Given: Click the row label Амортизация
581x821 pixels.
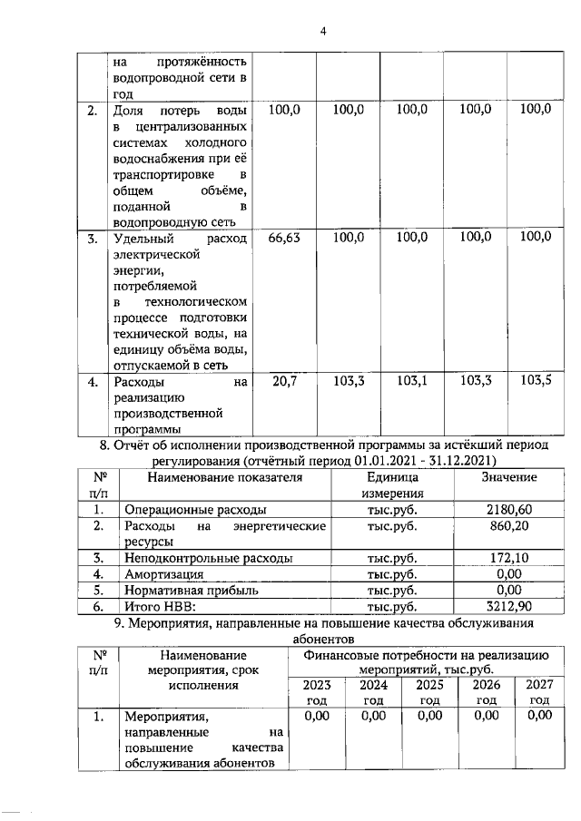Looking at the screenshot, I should click(x=164, y=574).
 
